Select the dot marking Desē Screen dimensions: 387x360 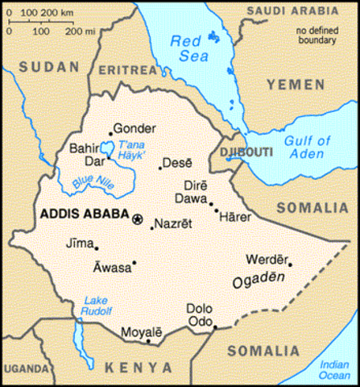160,168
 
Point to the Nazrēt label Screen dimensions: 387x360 173,223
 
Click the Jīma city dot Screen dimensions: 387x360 97,247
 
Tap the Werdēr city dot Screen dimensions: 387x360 290,264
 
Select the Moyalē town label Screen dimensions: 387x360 141,331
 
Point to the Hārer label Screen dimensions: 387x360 235,217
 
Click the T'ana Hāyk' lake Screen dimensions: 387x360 106,148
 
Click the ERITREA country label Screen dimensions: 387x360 125,70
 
